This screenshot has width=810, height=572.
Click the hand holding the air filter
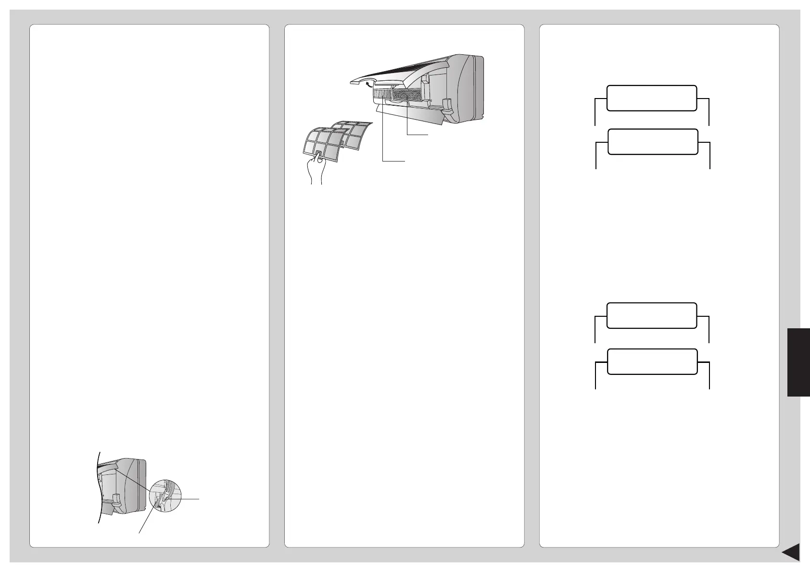[x=315, y=169]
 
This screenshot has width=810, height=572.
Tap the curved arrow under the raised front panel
[x=369, y=86]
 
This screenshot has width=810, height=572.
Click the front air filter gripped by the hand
[x=320, y=145]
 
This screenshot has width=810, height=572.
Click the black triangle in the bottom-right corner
[x=791, y=552]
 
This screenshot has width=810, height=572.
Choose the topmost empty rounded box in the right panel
[x=652, y=98]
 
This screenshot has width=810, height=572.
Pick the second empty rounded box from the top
[x=653, y=142]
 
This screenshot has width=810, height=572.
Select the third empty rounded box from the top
[x=652, y=315]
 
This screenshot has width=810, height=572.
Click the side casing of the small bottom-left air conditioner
[x=132, y=485]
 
